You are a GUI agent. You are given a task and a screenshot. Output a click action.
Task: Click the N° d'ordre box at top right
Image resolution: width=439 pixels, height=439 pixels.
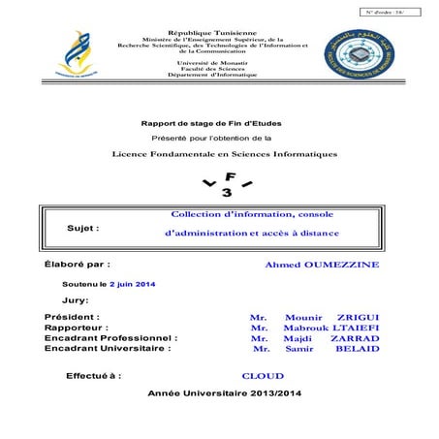392,11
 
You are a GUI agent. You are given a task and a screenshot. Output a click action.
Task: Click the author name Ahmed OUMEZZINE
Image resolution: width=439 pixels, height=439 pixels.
323,265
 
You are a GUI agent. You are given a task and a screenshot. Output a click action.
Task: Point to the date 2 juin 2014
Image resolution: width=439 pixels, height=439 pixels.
132,284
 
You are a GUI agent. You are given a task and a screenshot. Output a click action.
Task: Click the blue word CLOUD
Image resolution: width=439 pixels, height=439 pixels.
263,375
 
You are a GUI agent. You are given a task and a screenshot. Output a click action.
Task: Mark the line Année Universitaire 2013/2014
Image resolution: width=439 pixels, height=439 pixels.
226,393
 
